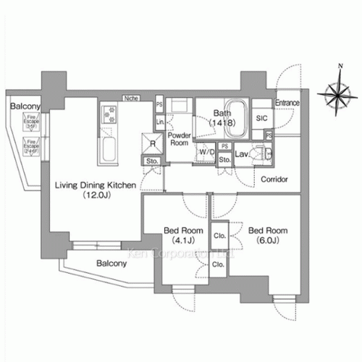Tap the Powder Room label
[179, 139]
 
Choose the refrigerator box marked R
[154, 143]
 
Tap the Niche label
[132, 96]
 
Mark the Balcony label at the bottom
[110, 264]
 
